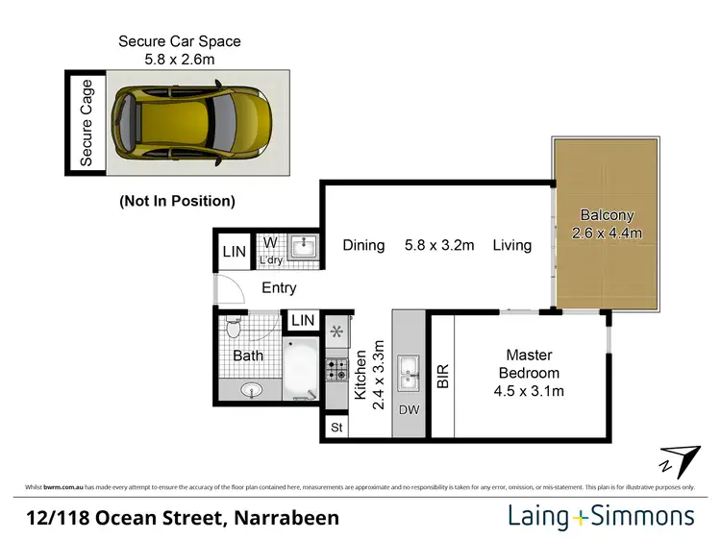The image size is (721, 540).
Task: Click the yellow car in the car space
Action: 192,123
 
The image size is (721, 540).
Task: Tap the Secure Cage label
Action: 87,123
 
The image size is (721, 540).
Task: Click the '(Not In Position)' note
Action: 177,201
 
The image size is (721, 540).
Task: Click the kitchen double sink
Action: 410,370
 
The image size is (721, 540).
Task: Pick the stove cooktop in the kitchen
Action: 336,369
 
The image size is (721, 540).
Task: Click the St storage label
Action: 336,427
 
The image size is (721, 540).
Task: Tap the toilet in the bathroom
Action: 231,330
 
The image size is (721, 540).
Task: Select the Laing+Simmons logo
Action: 601,517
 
